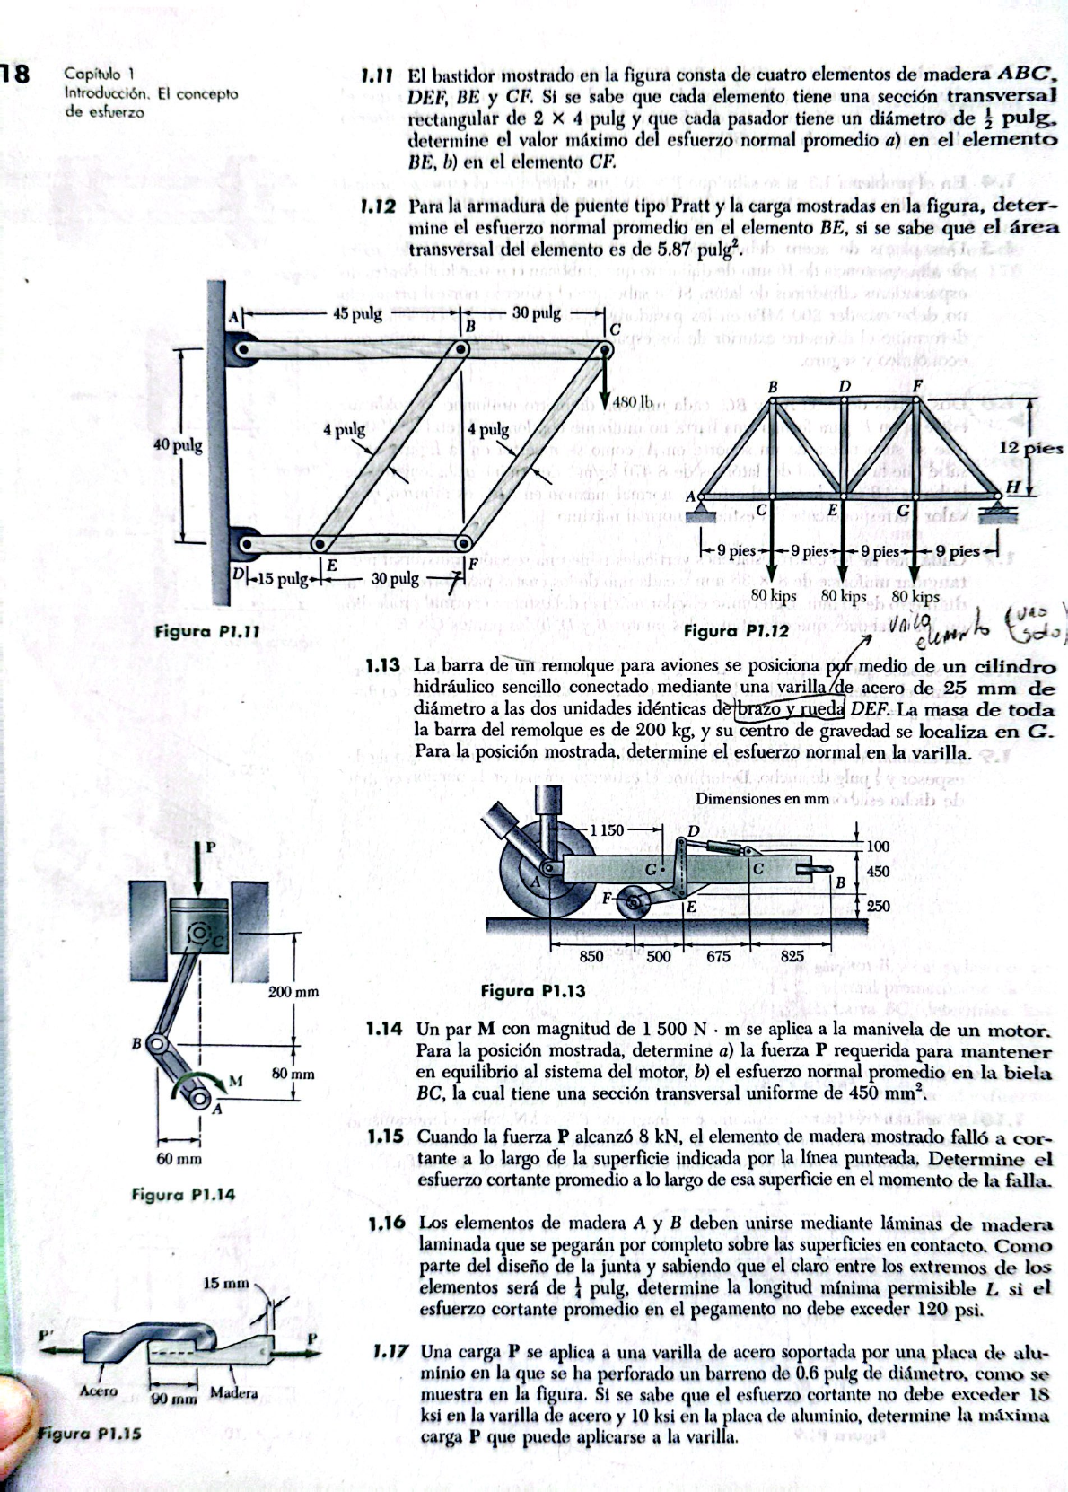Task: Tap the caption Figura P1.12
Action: point(736,630)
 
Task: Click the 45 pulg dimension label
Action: point(357,313)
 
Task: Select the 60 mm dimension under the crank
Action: point(179,1159)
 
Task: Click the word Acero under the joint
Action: point(99,1391)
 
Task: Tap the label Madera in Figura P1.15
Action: point(233,1393)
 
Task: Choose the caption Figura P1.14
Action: point(183,1194)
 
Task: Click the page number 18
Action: point(16,75)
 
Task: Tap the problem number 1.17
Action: point(391,1351)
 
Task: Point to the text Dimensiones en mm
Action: point(761,798)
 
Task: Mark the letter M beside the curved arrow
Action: point(236,1080)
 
